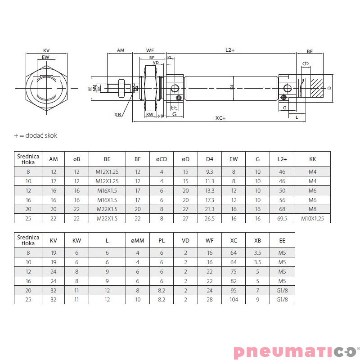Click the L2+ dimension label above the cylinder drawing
click(x=230, y=50)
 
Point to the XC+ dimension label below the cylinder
click(x=220, y=118)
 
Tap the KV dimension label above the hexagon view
click(x=46, y=50)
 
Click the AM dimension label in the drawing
click(x=120, y=50)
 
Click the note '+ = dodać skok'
click(x=36, y=135)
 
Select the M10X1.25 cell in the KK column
click(x=313, y=218)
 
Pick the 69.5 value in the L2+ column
click(x=282, y=218)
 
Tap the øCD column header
click(x=161, y=159)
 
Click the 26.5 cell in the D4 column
click(x=210, y=218)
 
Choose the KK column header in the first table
click(x=313, y=159)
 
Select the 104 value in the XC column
click(x=234, y=299)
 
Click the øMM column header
click(x=137, y=240)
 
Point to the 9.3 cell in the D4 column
click(x=210, y=171)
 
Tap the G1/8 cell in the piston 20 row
click(x=282, y=290)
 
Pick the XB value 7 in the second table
click(x=257, y=290)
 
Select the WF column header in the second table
click(x=209, y=240)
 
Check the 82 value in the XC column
click(x=234, y=280)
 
